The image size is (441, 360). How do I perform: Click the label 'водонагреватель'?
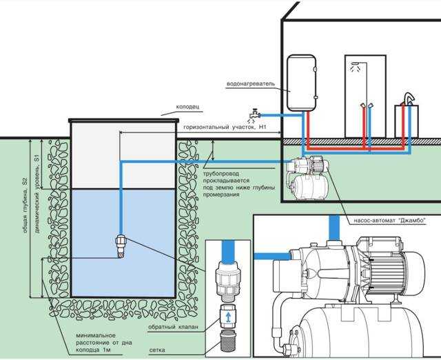pyautogui.click(x=251, y=84)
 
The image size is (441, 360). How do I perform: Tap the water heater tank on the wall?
pyautogui.click(x=301, y=83)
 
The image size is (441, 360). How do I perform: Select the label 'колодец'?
pyautogui.click(x=187, y=107)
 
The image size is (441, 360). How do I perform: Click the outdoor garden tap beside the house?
pyautogui.click(x=254, y=114)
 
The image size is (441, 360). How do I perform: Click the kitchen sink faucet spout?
pyautogui.click(x=409, y=98)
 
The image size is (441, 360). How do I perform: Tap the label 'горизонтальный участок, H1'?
pyautogui.click(x=225, y=127)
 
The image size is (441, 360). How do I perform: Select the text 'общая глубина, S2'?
pyautogui.click(x=25, y=206)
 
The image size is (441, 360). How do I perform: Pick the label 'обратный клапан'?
pyautogui.click(x=173, y=327)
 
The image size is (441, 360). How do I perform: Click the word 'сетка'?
pyautogui.click(x=157, y=350)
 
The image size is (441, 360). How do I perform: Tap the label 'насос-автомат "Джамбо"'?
pyautogui.click(x=389, y=221)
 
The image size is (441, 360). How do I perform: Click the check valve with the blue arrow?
pyautogui.click(x=228, y=316)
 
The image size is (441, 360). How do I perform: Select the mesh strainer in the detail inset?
pyautogui.click(x=229, y=341)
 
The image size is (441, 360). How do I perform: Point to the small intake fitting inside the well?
pyautogui.click(x=121, y=246)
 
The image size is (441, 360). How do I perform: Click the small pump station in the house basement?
pyautogui.click(x=308, y=178)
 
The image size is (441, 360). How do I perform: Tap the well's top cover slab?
pyautogui.click(x=124, y=121)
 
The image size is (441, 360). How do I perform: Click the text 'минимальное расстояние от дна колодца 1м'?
pyautogui.click(x=104, y=343)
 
